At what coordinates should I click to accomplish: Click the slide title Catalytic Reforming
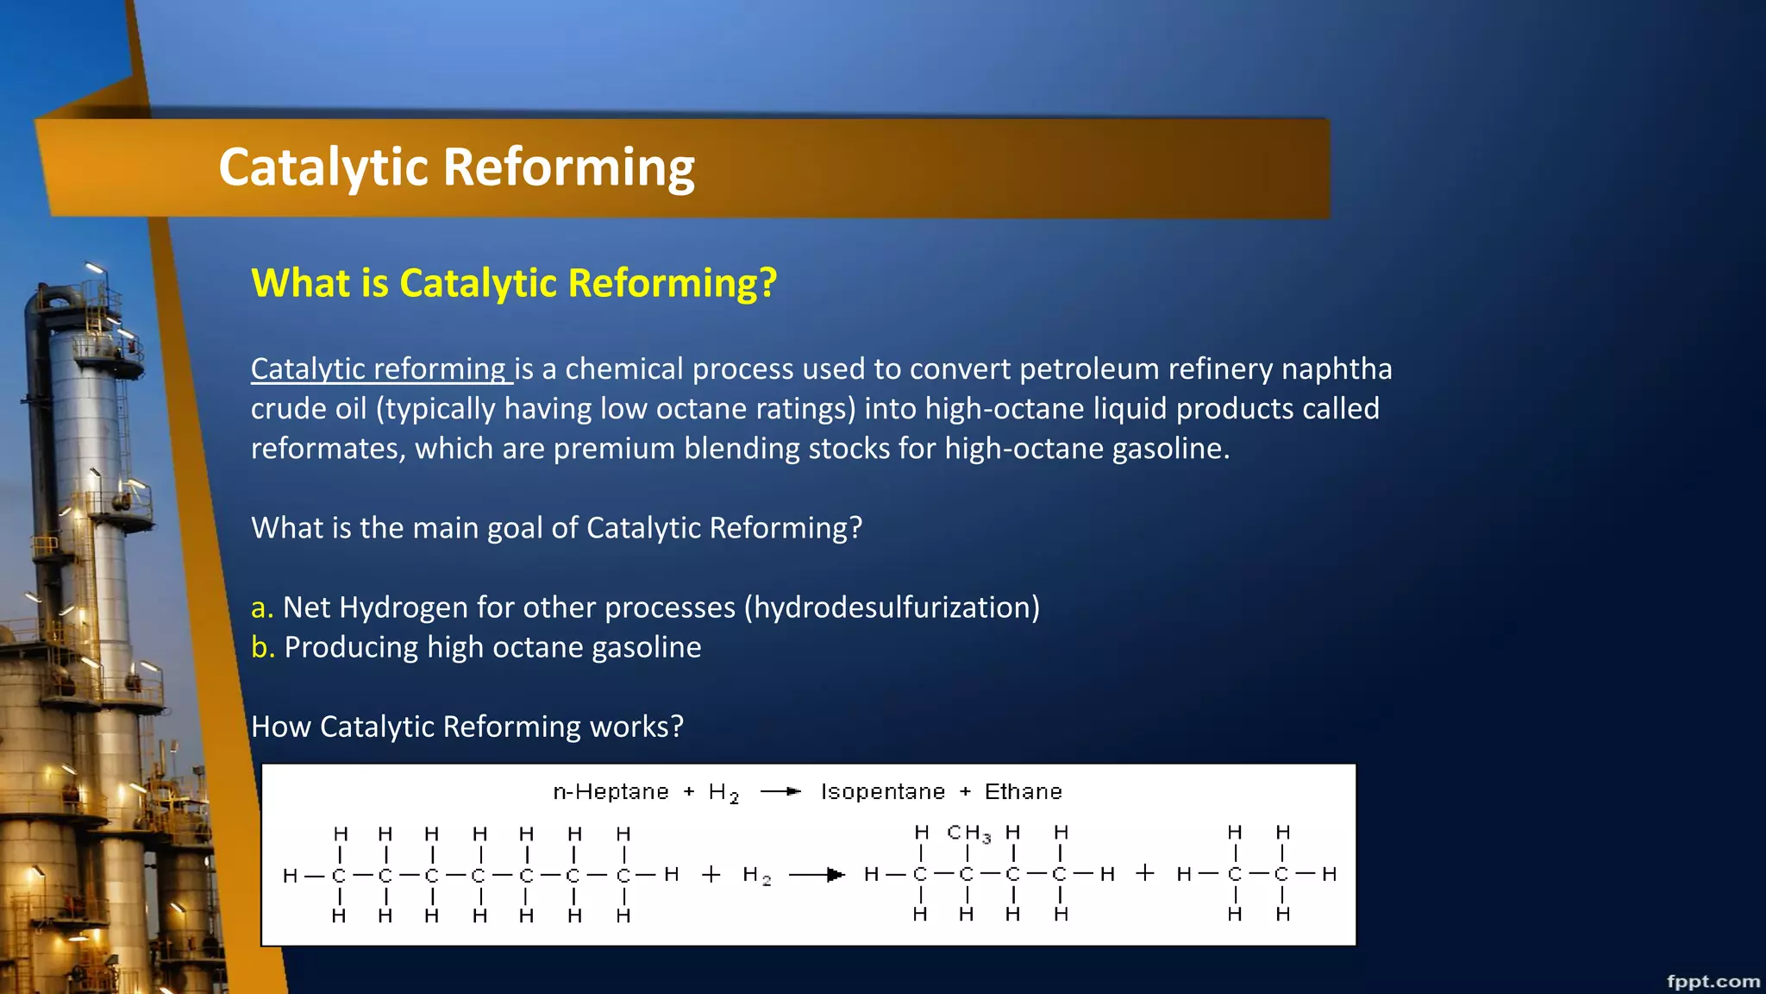pyautogui.click(x=456, y=167)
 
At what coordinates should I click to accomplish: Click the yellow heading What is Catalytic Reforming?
pyautogui.click(x=514, y=283)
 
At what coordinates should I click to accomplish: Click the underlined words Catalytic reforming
pyautogui.click(x=379, y=369)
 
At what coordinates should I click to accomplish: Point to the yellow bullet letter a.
pyautogui.click(x=261, y=608)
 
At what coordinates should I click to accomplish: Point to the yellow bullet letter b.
pyautogui.click(x=262, y=647)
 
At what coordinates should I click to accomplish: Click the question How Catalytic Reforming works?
pyautogui.click(x=467, y=727)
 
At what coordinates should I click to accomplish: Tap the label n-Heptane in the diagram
pyautogui.click(x=611, y=792)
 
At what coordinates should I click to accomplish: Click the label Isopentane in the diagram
pyautogui.click(x=882, y=792)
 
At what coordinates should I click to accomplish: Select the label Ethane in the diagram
pyautogui.click(x=1023, y=792)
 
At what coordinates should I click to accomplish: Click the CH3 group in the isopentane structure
pyautogui.click(x=968, y=833)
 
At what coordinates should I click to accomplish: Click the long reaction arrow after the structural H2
pyautogui.click(x=816, y=875)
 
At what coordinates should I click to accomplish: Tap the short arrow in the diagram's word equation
pyautogui.click(x=780, y=792)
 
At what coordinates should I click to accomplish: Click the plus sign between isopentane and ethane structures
pyautogui.click(x=1145, y=873)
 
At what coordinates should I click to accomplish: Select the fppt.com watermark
pyautogui.click(x=1713, y=981)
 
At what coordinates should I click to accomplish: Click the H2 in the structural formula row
pyautogui.click(x=756, y=876)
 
